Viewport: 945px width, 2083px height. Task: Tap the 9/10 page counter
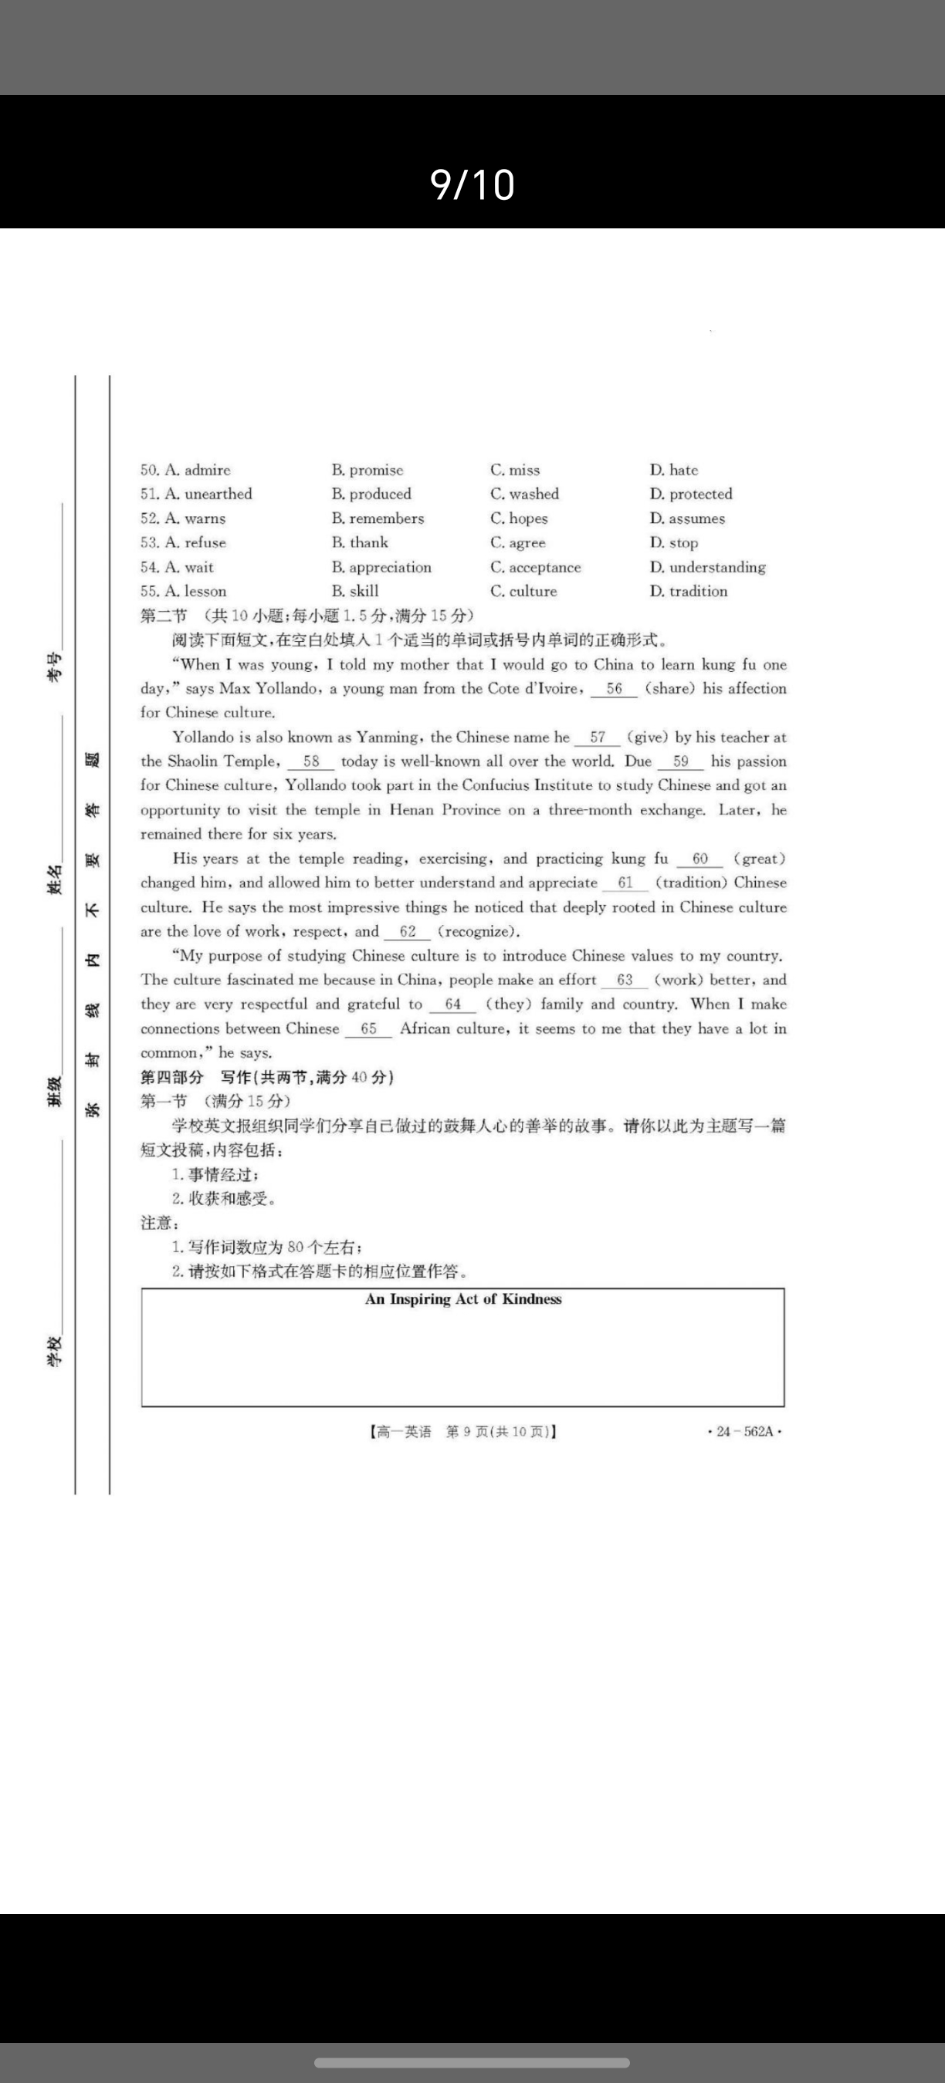coord(472,184)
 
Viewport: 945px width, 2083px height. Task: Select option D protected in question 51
coord(691,494)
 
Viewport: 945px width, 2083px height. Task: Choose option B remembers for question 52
coord(378,518)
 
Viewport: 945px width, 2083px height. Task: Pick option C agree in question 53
coord(518,542)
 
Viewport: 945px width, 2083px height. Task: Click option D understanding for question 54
coord(708,567)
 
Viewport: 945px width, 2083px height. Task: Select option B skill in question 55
coord(355,591)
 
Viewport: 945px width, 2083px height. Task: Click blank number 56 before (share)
coord(614,689)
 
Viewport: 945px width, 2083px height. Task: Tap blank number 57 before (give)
coord(597,738)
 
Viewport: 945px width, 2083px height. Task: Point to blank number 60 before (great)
coord(699,859)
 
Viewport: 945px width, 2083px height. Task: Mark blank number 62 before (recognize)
coord(407,931)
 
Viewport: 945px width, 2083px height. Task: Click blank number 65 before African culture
coord(368,1028)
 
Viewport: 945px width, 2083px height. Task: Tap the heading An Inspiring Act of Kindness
coord(462,1299)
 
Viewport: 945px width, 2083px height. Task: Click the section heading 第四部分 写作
coord(267,1077)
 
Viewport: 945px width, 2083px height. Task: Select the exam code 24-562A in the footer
coord(744,1431)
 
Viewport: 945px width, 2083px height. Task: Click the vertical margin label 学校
coord(54,1351)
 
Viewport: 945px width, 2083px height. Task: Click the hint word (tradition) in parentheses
coord(691,883)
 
